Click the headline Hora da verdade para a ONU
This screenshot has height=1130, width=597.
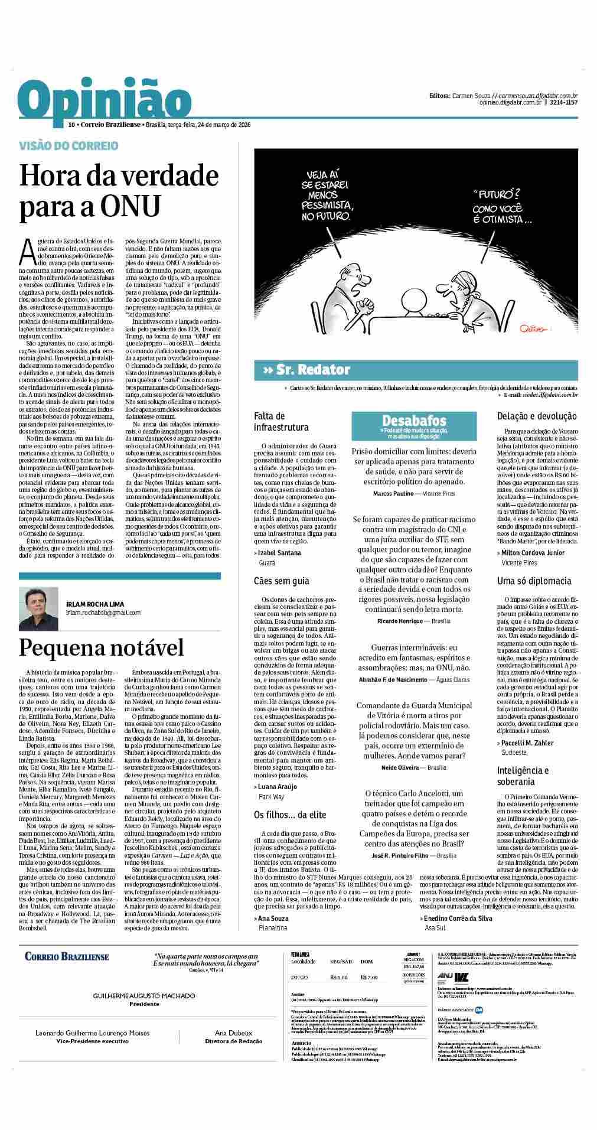(119, 191)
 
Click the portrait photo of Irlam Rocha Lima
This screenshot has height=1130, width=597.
(38, 608)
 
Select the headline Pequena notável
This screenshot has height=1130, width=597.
(102, 647)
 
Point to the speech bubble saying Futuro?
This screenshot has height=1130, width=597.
(495, 206)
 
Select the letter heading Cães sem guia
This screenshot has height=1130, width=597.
(281, 581)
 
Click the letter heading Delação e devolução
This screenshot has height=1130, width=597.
(537, 416)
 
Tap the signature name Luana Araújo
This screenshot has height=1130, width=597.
(278, 787)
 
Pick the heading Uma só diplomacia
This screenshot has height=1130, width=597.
(534, 581)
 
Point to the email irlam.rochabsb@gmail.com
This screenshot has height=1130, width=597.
(103, 613)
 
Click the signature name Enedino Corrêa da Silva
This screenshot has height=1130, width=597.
(458, 918)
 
